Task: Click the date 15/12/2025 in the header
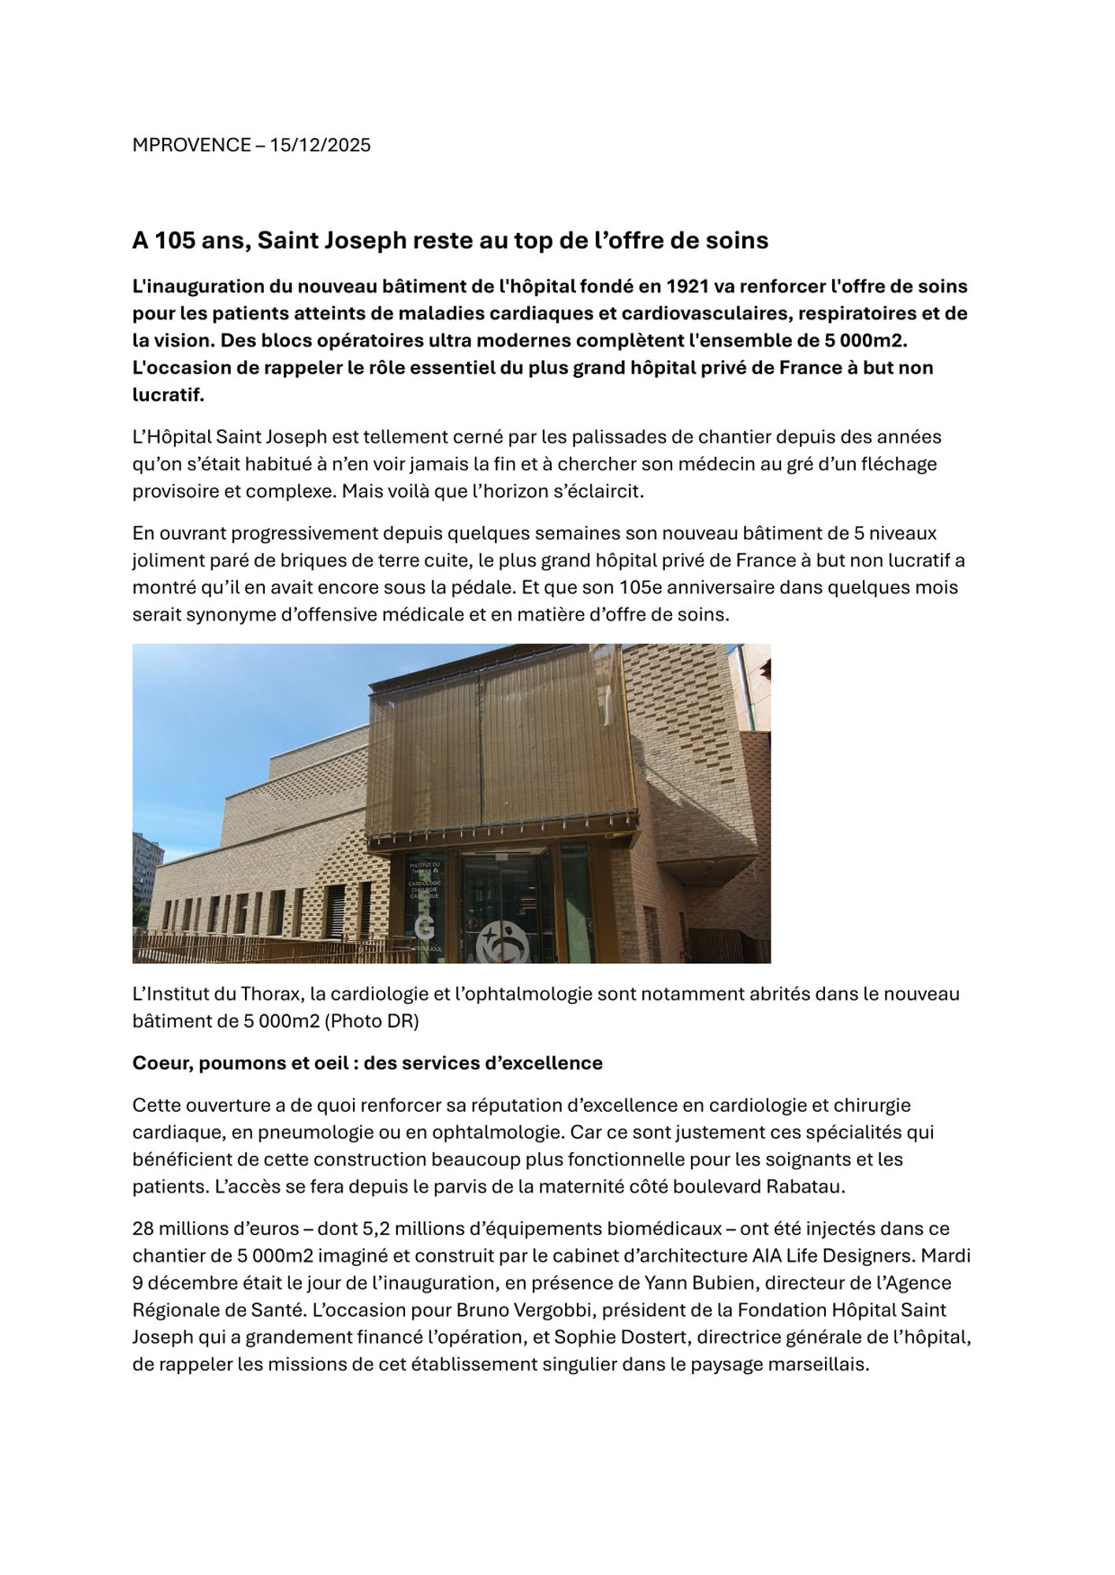pos(320,146)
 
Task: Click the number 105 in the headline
pos(175,241)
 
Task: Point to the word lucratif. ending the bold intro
pos(168,395)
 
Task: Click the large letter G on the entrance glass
pos(424,928)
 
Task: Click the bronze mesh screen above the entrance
pos(501,748)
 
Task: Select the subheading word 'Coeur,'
pos(163,1064)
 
